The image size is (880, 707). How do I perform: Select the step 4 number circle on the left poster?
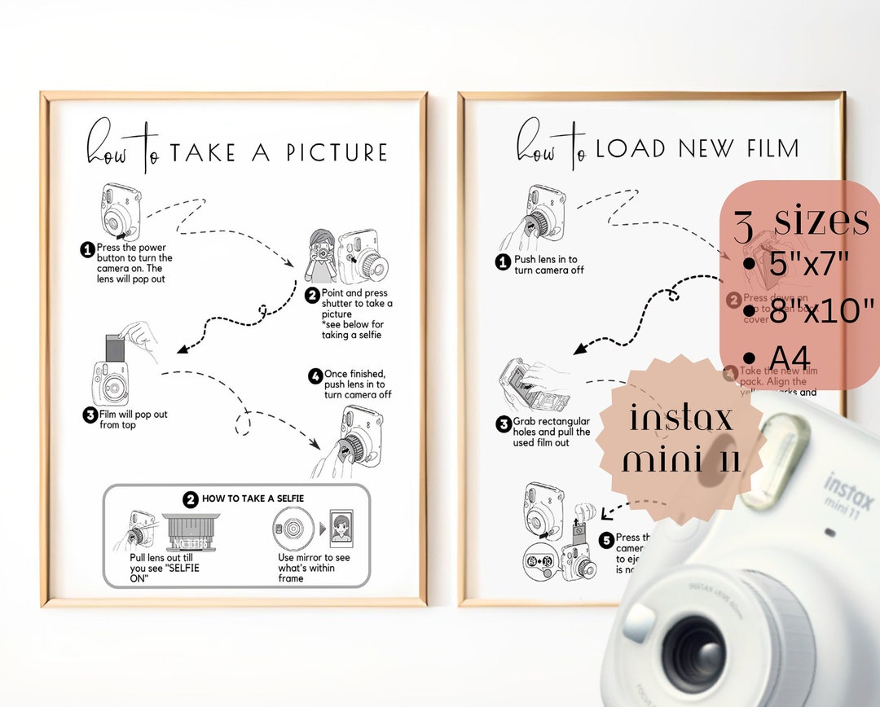[315, 376]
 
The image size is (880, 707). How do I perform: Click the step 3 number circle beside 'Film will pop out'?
[90, 415]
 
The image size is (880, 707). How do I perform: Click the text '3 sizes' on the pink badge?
[801, 222]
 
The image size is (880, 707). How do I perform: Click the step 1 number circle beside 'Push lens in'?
[504, 262]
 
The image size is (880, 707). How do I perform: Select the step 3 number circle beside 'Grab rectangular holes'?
[504, 424]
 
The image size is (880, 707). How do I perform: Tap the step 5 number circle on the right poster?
[605, 540]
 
